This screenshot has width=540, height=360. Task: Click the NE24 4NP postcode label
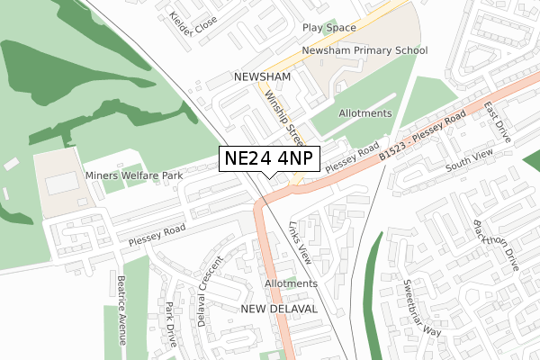coord(269,159)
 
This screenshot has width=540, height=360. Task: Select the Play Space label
coord(328,28)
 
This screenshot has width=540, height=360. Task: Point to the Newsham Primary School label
coord(364,50)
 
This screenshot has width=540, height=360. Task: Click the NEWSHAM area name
coord(261,77)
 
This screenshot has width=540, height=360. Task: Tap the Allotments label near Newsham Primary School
coord(365,113)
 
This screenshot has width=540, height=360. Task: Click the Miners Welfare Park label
coord(133,175)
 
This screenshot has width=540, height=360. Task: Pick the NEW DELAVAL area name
coord(280,308)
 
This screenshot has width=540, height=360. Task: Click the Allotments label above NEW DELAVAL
coord(292,283)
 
